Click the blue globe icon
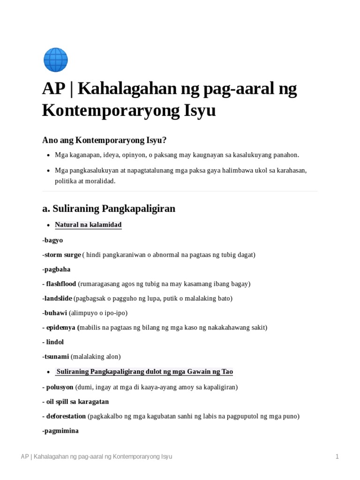55,60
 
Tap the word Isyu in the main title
200,111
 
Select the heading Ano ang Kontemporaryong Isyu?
105,140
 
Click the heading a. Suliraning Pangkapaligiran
109,209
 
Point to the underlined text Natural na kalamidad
88,225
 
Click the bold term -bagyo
52,240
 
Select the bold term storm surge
62,255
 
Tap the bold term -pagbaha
56,270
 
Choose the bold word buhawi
55,313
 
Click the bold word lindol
55,342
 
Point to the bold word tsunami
57,356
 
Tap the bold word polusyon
60,387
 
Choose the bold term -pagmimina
60,430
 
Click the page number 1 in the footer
337,457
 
